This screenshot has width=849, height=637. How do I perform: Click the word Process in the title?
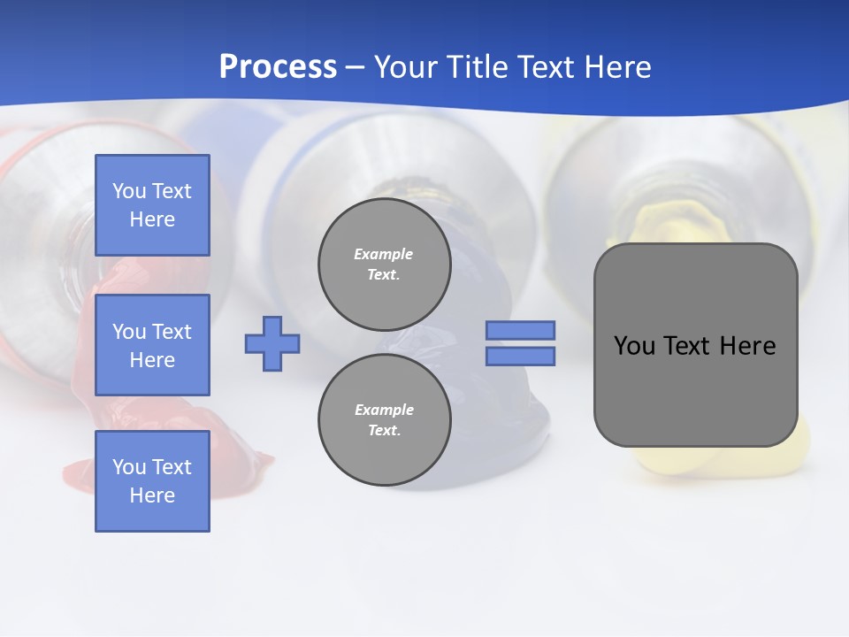click(x=278, y=66)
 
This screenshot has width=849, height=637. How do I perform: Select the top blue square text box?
click(x=152, y=205)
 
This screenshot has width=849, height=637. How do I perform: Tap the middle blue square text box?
click(x=152, y=345)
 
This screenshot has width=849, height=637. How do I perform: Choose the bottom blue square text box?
click(x=152, y=480)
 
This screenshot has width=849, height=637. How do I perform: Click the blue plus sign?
click(x=272, y=343)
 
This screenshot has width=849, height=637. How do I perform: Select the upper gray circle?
click(x=384, y=264)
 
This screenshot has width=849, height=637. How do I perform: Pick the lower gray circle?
click(x=384, y=419)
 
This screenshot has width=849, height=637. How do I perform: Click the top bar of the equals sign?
click(x=520, y=330)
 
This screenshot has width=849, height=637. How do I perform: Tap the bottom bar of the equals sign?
click(x=520, y=356)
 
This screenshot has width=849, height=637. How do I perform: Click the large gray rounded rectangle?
click(x=695, y=389)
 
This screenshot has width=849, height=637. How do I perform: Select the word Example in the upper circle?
click(x=384, y=254)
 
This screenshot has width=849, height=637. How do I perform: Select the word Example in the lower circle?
click(x=384, y=410)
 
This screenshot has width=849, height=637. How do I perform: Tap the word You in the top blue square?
click(x=129, y=191)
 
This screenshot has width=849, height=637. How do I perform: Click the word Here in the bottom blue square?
click(x=152, y=495)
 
